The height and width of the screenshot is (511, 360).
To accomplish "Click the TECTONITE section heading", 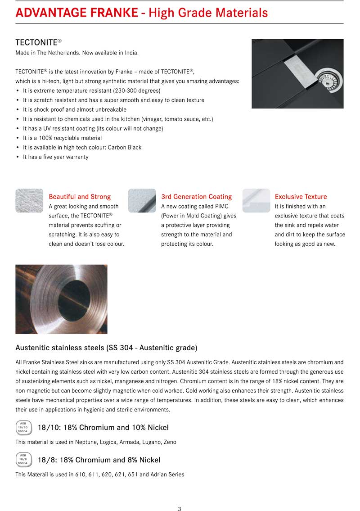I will point(38,42).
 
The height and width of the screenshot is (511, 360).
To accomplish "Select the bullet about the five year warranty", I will point(55,157).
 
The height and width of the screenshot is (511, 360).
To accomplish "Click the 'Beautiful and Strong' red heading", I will point(80,197).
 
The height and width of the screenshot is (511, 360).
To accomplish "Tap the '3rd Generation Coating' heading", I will point(196,197).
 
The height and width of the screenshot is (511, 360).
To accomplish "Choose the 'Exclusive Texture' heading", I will point(301,197).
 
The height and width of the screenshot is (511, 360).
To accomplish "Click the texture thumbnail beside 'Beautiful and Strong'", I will point(29,200).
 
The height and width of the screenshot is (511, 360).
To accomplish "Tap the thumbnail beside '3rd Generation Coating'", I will point(142,200).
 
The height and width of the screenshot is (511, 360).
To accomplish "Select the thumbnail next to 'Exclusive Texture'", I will point(256,200).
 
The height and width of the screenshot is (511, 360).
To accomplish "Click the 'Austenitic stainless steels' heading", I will point(106,348).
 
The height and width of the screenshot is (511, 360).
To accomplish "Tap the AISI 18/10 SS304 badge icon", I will point(22,427).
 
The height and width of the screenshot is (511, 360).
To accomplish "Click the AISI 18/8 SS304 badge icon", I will point(22,459).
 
